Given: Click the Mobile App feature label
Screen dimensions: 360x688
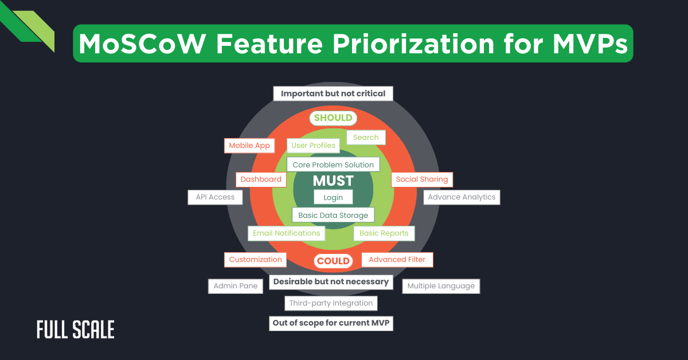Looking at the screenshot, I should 249,146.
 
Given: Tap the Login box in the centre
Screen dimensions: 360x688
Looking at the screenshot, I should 333,197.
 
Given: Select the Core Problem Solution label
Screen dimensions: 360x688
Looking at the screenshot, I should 333,165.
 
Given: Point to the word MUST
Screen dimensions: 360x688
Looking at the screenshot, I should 333,181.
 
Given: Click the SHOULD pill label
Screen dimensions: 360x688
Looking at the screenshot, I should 333,118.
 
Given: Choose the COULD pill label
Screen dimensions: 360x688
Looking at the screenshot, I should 333,261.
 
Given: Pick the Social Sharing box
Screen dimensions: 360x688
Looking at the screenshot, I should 422,179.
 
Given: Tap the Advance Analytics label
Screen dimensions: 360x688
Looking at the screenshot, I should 462,197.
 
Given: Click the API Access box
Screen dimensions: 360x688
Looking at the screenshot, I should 215,197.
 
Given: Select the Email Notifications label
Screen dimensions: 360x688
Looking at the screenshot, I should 287,233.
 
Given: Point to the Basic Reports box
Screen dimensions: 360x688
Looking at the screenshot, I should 384,233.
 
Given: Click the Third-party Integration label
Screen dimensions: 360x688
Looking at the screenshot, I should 331,303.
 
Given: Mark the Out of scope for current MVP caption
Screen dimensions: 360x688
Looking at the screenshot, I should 331,323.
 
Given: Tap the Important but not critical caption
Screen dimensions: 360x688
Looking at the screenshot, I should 333,93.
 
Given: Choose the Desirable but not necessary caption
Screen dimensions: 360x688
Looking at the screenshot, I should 331,281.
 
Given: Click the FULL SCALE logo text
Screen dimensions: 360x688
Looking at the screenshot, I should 76,330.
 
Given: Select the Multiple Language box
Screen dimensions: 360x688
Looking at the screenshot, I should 441,286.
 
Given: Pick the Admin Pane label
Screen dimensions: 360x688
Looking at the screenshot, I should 235,286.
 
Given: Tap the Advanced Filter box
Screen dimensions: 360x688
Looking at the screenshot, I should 397,260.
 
